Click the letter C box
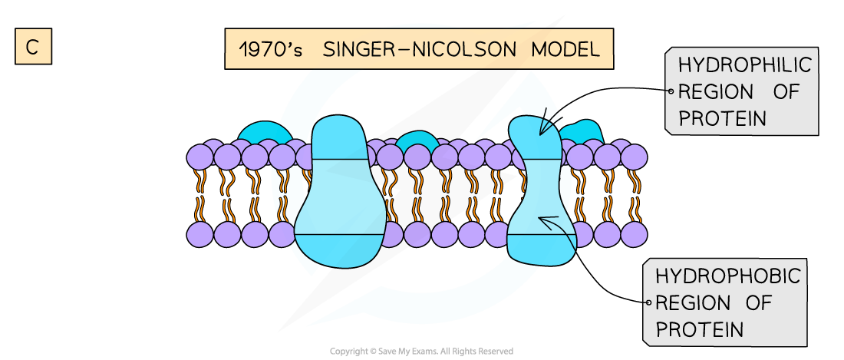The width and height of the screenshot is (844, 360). tap(32, 47)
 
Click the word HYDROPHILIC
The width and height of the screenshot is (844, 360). tap(743, 65)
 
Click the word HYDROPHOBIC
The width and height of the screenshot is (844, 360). tap(727, 276)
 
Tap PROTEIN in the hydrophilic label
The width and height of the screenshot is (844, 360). tap(722, 119)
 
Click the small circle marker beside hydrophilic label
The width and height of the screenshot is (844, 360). tap(670, 92)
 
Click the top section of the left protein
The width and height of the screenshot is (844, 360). tap(342, 138)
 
